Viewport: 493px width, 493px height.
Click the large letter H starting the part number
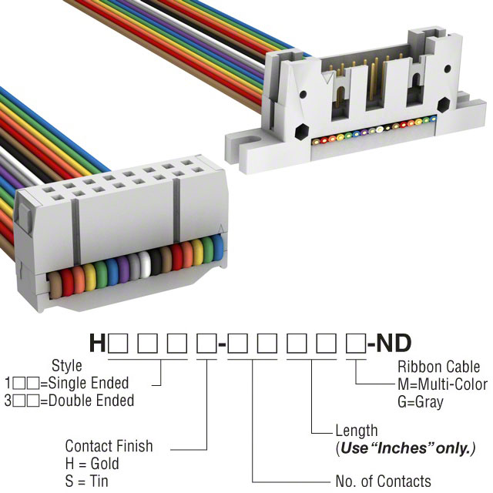point(97,343)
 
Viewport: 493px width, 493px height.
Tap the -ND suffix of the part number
point(390,343)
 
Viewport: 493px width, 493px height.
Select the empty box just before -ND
point(356,344)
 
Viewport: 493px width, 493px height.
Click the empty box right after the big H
point(118,344)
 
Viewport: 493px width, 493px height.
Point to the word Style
point(67,366)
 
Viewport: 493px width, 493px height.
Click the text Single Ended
point(89,383)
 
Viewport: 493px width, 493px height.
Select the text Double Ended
point(92,401)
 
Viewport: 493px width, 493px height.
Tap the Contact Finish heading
point(109,446)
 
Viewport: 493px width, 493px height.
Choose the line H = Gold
point(92,464)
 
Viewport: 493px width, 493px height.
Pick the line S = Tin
point(86,481)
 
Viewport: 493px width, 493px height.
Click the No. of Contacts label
point(384,481)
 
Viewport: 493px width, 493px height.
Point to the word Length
point(357,431)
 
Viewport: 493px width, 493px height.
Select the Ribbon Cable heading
point(438,367)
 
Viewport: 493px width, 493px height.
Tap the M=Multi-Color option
point(442,384)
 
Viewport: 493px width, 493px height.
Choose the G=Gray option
point(421,402)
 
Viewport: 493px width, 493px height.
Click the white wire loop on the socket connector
point(145,264)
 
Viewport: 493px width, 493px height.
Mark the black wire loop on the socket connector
point(156,262)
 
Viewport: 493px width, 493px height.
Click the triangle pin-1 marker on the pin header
point(328,78)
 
